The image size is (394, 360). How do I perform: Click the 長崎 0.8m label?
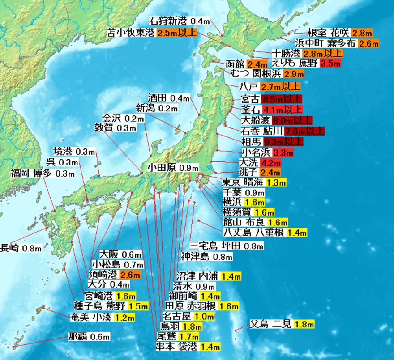(21, 248)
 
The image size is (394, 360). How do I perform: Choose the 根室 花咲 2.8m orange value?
(362, 33)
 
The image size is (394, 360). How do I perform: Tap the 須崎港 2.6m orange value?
(130, 275)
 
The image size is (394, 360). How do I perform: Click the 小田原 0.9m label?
(172, 168)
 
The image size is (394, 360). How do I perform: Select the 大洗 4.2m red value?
(271, 163)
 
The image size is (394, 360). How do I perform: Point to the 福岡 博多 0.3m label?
(43, 174)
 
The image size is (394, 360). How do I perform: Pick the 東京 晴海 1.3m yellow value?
(276, 182)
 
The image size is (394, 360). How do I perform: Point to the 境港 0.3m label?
(74, 151)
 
